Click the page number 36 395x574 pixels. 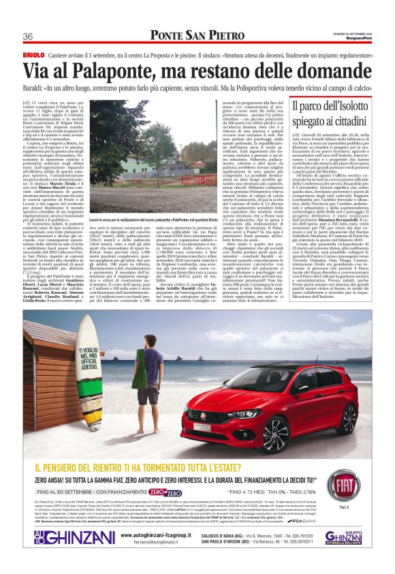29,36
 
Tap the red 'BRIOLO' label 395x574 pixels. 33,54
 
